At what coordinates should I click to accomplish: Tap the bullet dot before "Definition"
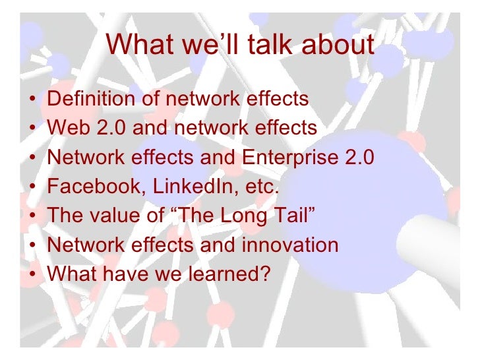[32, 100]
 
